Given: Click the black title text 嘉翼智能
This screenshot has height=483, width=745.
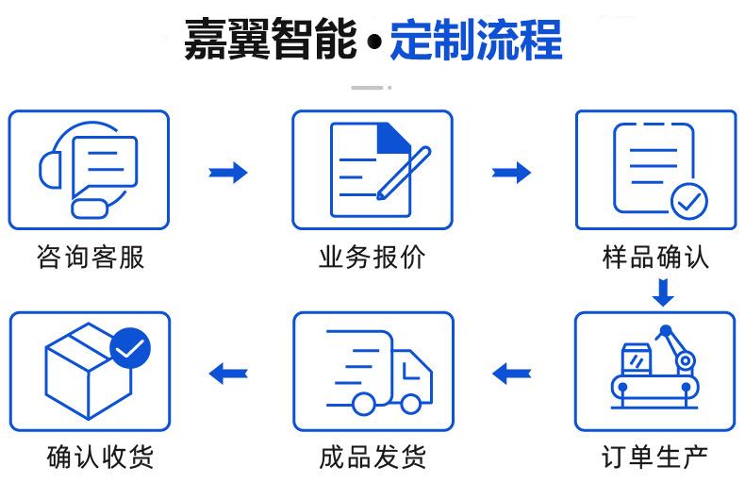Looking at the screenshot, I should (x=270, y=41).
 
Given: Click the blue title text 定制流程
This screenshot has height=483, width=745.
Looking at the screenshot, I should (x=476, y=41).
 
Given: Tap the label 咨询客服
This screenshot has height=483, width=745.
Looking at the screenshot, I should (x=91, y=257).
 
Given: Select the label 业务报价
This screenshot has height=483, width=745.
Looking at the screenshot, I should (x=372, y=257).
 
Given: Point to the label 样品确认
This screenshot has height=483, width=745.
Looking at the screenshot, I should (x=655, y=257).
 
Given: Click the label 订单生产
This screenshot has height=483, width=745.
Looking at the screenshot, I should (x=655, y=458).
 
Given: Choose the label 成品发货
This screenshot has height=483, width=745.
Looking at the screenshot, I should (x=372, y=458).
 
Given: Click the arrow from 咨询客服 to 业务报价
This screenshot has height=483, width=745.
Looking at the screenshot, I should (x=228, y=172).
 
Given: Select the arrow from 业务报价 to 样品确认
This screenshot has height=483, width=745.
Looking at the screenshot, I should (x=511, y=172).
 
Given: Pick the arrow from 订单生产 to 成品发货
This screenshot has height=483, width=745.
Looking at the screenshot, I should (x=512, y=373).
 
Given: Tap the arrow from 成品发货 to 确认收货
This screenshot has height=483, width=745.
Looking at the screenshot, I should (x=228, y=373).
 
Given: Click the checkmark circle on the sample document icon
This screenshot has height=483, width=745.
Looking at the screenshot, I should (x=688, y=200).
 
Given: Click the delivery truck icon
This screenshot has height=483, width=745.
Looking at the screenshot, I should (x=377, y=373).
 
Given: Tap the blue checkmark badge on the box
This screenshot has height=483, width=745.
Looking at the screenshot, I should (x=130, y=349).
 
